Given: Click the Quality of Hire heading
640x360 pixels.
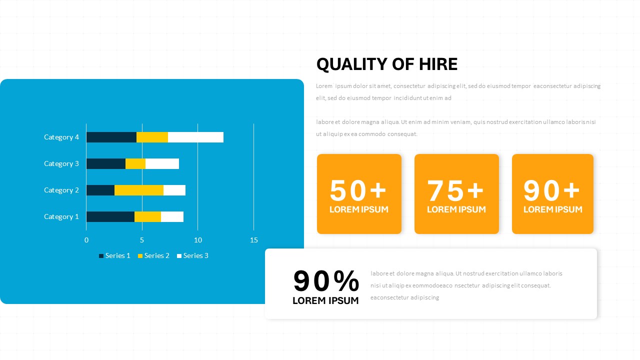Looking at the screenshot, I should click(x=387, y=64).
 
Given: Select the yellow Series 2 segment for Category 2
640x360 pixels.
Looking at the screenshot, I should click(x=139, y=190).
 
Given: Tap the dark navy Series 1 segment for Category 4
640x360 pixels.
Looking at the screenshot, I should click(x=111, y=137).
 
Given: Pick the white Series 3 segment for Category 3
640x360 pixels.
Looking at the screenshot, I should click(x=162, y=163).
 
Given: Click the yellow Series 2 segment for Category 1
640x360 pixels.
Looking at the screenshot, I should click(x=147, y=216).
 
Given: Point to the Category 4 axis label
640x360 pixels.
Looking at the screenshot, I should click(x=61, y=137).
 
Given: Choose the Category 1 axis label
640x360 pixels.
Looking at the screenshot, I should click(x=61, y=216).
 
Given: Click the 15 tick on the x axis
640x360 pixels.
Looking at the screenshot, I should click(x=254, y=240).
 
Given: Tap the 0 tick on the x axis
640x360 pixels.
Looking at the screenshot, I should click(x=86, y=240).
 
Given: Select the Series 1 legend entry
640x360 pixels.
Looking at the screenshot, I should click(x=114, y=255).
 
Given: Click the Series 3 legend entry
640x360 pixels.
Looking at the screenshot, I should click(x=192, y=255).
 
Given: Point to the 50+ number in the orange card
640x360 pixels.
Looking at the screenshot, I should click(x=358, y=190).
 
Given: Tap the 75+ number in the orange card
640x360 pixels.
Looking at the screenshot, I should click(x=456, y=190).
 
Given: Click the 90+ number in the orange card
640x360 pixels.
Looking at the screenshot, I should click(x=552, y=190).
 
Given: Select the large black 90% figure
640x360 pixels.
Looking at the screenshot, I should click(x=326, y=281).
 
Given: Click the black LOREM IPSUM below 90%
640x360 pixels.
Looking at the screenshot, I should click(x=325, y=300).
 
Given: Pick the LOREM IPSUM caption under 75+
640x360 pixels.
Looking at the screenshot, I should click(x=456, y=209).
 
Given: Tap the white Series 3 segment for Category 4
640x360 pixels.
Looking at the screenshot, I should click(x=195, y=137).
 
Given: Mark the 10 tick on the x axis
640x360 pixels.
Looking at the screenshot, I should click(x=198, y=240).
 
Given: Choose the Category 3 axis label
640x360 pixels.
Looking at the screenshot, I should click(x=61, y=163).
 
